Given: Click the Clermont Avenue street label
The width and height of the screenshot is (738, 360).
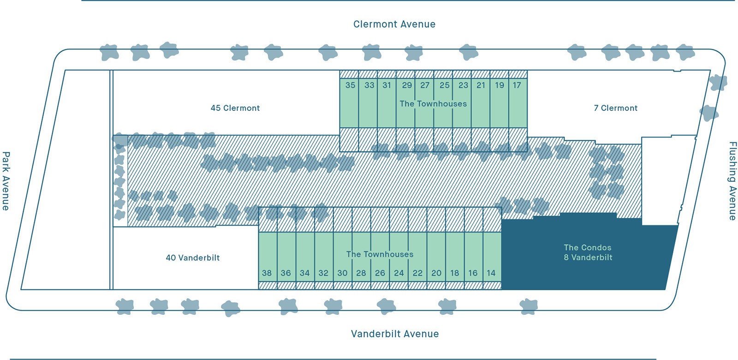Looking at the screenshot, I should point(394,24).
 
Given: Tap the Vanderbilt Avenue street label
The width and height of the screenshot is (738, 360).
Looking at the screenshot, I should point(395,334).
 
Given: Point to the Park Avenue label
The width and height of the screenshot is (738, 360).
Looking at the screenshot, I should point(6,181).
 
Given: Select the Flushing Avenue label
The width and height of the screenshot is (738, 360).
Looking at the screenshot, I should point(732,181).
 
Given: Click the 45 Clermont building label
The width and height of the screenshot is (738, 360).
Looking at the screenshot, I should point(235,108).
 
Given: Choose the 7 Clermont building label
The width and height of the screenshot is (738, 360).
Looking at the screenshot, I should point(615,108).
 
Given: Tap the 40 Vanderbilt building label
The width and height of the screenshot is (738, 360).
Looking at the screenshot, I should point(193,258).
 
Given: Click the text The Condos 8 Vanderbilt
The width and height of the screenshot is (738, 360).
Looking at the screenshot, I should point(588,252).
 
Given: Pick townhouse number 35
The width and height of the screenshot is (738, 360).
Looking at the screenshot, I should point(351,85).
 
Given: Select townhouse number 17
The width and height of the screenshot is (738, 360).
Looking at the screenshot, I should point(517,85).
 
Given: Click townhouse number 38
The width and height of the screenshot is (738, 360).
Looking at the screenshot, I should point(267,273).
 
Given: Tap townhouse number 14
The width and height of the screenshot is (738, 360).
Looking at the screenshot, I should point(491,273).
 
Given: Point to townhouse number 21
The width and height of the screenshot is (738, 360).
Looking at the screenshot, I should point(481,85).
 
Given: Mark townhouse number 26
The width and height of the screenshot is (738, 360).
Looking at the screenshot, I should point(380,273).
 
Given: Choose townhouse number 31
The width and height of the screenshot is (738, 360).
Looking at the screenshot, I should point(387,85).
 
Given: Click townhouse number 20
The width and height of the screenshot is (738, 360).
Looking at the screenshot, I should point(436,273).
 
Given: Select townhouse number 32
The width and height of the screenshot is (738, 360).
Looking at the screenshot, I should point(323,273).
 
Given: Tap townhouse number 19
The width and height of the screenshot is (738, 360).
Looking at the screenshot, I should point(500,85).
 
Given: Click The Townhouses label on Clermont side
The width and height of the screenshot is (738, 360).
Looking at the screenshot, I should point(433,103).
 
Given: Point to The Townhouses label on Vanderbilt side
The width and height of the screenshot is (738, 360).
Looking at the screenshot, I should point(380,254).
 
